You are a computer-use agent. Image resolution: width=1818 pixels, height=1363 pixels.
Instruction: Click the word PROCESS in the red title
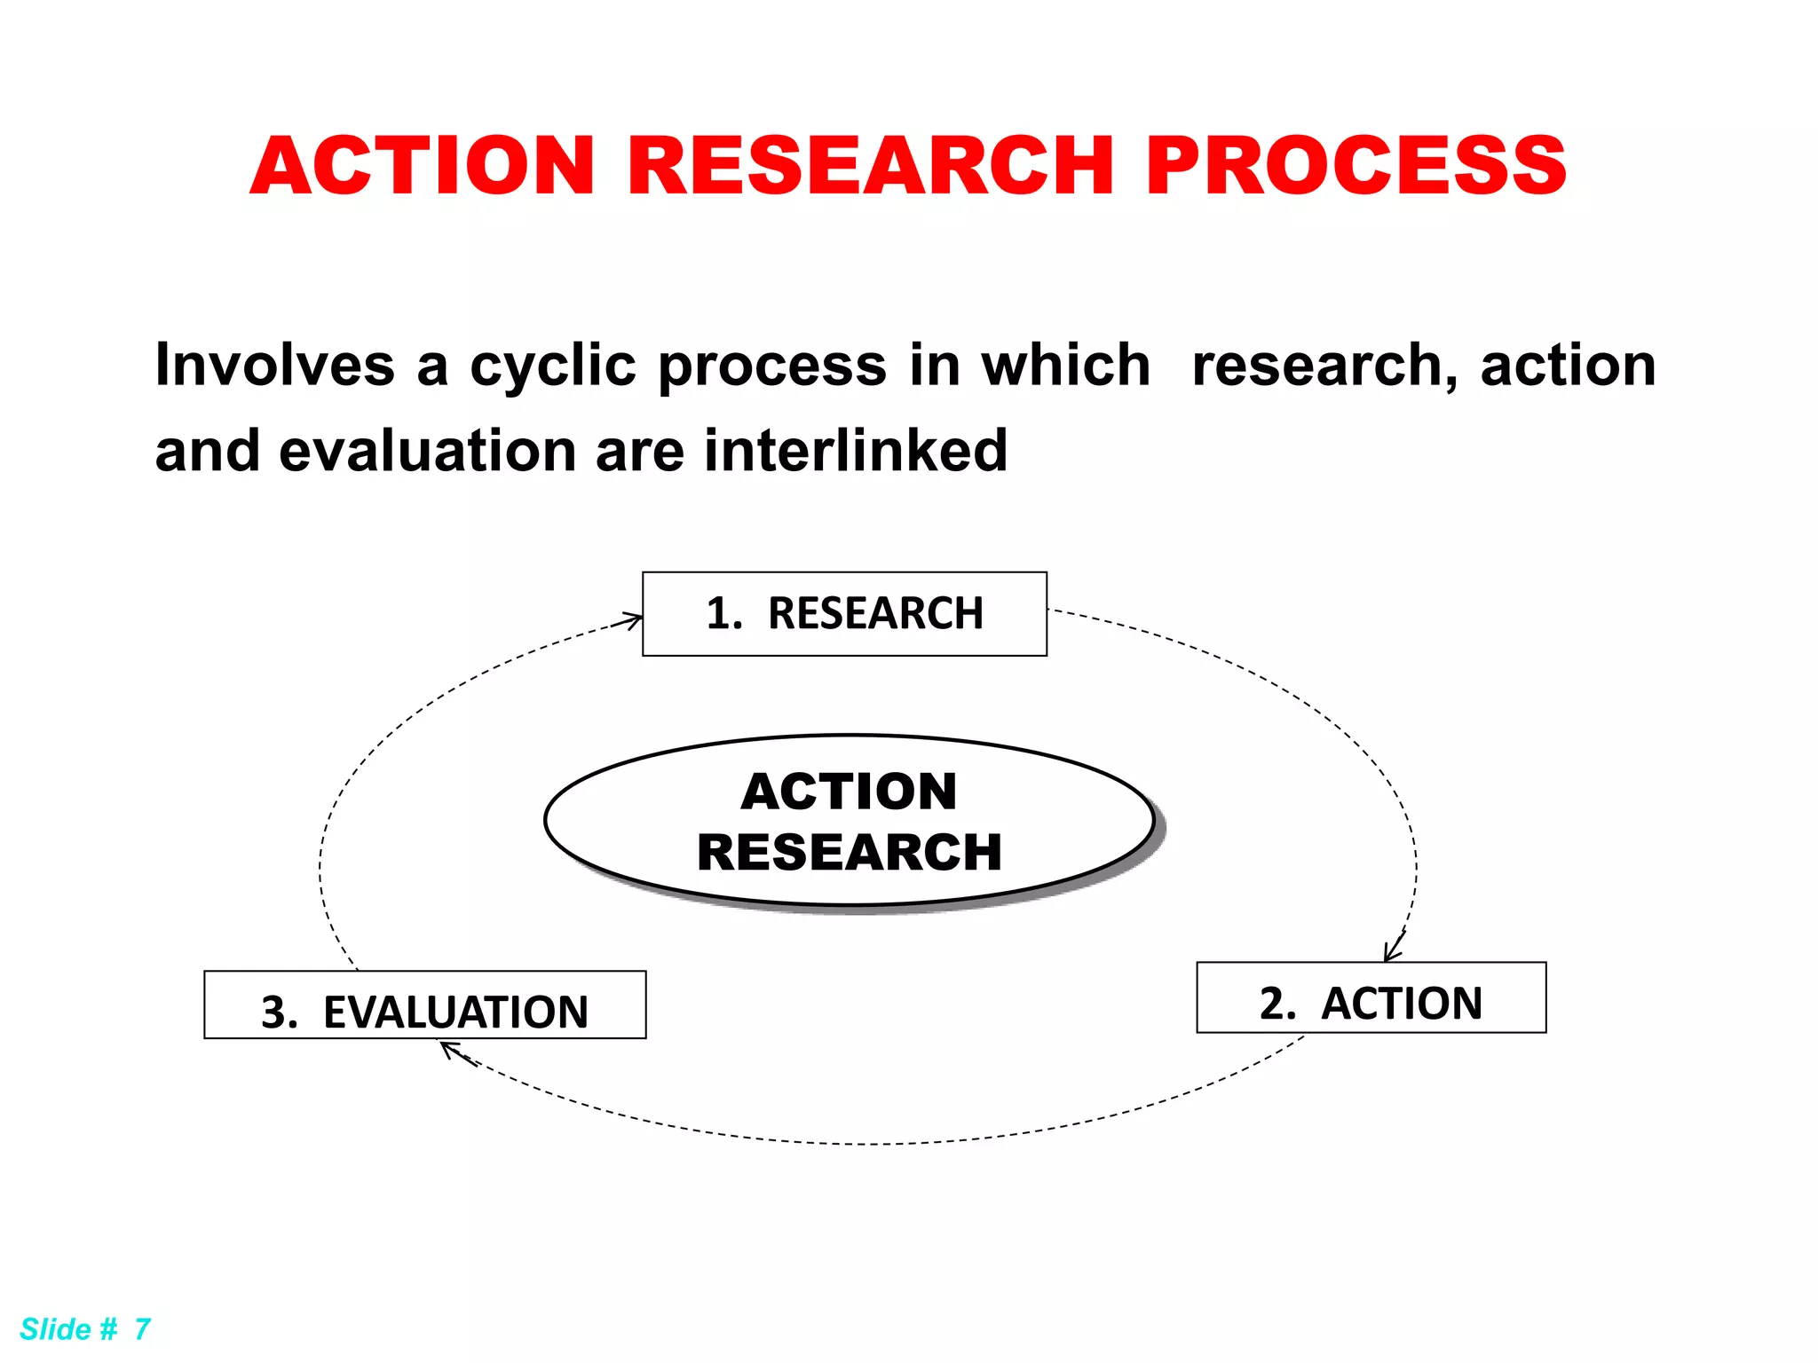(x=1356, y=166)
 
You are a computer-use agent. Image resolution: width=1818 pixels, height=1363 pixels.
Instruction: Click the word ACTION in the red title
(x=423, y=166)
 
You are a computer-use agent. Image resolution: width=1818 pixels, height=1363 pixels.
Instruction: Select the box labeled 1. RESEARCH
(x=844, y=614)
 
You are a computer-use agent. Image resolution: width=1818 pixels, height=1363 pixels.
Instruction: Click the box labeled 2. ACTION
(x=1371, y=997)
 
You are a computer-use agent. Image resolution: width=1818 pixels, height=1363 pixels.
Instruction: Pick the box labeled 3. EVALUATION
(x=424, y=1005)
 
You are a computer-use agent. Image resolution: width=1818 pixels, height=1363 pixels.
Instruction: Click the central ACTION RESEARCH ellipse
(x=849, y=820)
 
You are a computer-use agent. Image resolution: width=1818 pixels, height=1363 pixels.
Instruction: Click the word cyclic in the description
(x=552, y=366)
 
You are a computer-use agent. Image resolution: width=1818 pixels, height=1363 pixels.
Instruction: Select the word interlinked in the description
(x=856, y=451)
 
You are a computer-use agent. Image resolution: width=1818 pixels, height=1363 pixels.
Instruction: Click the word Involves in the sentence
(x=274, y=366)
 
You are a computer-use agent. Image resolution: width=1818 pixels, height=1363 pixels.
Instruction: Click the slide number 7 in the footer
(x=142, y=1329)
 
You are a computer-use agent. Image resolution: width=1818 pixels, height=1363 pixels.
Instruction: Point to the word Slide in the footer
(x=55, y=1329)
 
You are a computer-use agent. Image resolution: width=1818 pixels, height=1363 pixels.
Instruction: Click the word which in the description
(x=1065, y=366)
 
